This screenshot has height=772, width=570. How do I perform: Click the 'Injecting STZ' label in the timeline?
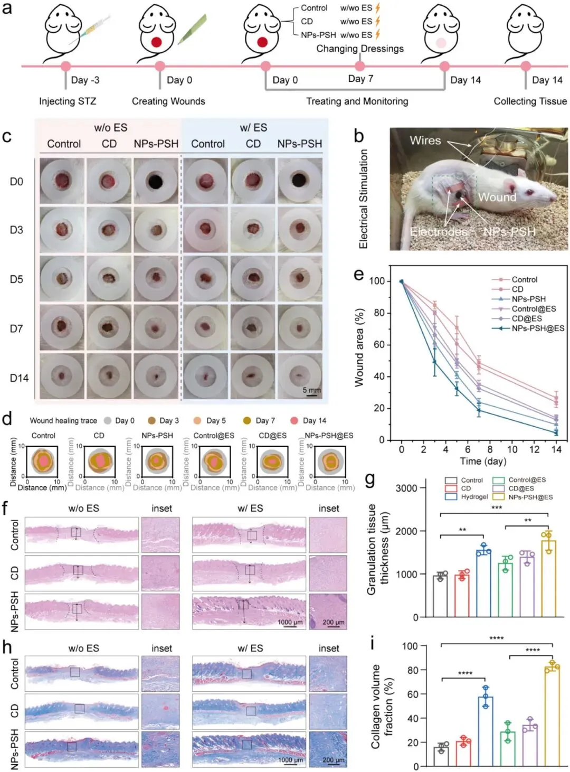[x=68, y=101]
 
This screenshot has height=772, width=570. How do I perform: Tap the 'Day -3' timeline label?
[x=85, y=80]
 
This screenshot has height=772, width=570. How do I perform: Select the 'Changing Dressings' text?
[x=360, y=49]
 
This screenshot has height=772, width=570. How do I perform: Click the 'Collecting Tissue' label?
[x=530, y=101]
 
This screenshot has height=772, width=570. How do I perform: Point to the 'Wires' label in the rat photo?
[x=425, y=140]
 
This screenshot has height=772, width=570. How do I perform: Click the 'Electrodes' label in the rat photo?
[x=438, y=232]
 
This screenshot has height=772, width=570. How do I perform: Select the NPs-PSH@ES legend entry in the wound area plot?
[x=537, y=328]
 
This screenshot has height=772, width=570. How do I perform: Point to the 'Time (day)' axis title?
[x=483, y=461]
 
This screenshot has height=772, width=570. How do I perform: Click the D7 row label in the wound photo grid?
[x=16, y=329]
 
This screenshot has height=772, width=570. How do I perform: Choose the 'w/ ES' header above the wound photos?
[x=253, y=128]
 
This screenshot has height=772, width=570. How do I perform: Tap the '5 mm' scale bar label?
[x=311, y=390]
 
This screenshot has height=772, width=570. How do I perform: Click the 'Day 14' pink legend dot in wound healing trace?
[x=294, y=421]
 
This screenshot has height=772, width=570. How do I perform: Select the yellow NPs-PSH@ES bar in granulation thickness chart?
[x=548, y=578]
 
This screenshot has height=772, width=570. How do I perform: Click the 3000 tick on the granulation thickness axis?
[x=406, y=488]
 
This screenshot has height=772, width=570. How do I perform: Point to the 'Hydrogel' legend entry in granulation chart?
[x=474, y=497]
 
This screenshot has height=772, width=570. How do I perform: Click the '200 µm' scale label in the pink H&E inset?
[x=334, y=622]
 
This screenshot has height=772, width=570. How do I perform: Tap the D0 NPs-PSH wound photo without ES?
[x=156, y=182]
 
